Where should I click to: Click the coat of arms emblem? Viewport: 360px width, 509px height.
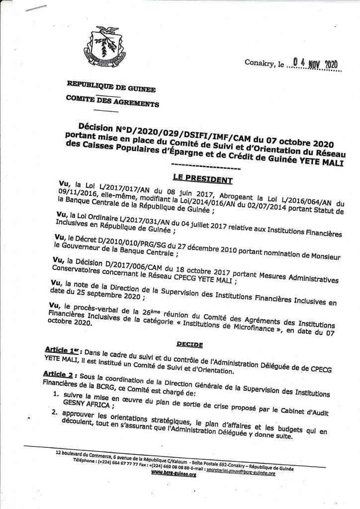coord(104,49)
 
